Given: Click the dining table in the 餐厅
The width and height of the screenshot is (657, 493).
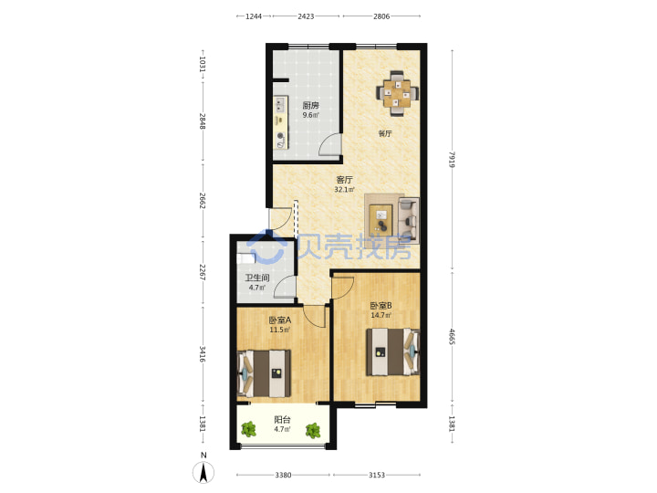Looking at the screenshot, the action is click(x=397, y=93).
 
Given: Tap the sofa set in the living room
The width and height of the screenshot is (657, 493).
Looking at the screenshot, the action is click(x=391, y=218).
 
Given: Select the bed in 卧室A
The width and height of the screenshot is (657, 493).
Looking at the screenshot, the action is click(x=264, y=373).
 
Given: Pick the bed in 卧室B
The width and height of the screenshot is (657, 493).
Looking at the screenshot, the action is click(x=393, y=351).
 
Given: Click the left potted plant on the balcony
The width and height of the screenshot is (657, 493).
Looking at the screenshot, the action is click(x=249, y=429).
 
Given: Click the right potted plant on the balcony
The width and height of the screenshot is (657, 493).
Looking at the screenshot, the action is click(x=313, y=431).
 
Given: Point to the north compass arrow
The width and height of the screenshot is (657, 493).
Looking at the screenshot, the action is click(x=203, y=472).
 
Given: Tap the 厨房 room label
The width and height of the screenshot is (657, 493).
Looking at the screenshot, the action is click(x=310, y=106).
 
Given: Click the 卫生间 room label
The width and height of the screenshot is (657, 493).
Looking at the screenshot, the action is click(x=256, y=278).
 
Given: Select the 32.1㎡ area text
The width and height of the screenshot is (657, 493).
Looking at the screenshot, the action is click(x=344, y=190).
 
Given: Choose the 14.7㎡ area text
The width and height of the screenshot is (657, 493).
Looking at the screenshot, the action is click(x=381, y=315).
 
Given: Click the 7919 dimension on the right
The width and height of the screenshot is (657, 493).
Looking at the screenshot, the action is click(x=452, y=159).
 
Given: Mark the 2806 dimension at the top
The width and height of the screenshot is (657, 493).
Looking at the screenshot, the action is click(x=381, y=16).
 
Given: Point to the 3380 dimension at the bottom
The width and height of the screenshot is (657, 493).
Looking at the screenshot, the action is click(x=283, y=475).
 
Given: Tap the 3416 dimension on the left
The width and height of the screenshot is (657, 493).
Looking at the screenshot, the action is click(x=203, y=354).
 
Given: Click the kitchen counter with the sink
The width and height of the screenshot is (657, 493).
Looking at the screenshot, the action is click(x=281, y=122).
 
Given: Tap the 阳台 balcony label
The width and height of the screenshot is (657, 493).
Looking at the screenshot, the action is click(x=282, y=420).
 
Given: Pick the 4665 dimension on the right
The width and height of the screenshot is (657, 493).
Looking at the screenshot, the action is click(x=452, y=337).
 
